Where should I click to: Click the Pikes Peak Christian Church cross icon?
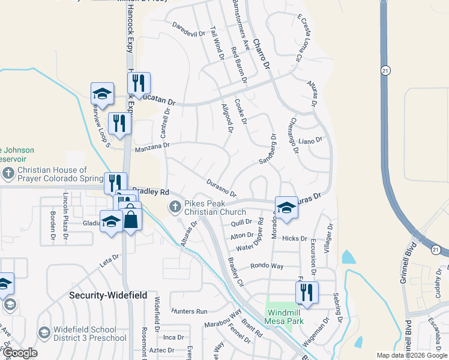click(175, 207)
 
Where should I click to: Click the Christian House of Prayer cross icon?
click(8, 175)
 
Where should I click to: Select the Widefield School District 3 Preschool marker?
click(44, 332)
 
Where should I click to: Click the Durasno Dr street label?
click(221, 188)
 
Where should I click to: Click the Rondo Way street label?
click(267, 265)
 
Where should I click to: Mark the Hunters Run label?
click(189, 311)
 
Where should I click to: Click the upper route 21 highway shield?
click(384, 71)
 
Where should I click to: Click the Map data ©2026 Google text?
click(411, 355)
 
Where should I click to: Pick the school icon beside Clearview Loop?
click(102, 94)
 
